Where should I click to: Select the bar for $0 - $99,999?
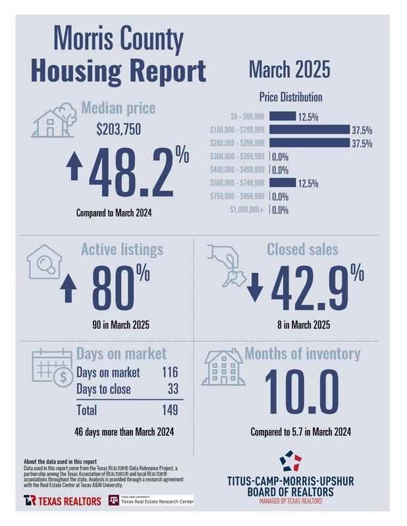(x=283, y=116)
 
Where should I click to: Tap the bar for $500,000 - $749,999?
(x=283, y=183)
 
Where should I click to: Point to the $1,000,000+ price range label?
(x=248, y=210)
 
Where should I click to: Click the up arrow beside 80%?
(x=67, y=287)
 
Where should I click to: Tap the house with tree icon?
(x=57, y=119)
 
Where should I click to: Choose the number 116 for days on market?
(x=170, y=372)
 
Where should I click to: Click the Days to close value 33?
(x=173, y=389)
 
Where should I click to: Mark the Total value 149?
(x=169, y=410)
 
